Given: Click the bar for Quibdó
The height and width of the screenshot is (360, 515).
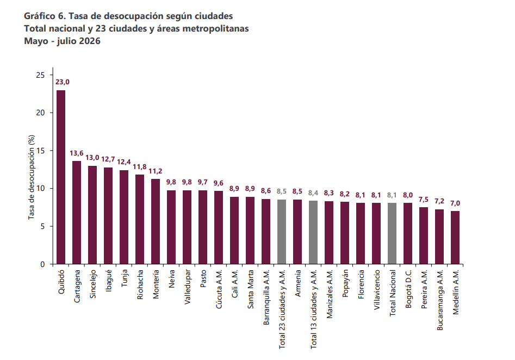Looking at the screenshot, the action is [61, 177].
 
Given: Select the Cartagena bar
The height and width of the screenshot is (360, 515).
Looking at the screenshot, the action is [77, 213].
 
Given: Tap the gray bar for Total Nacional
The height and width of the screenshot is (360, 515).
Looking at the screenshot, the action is [392, 233].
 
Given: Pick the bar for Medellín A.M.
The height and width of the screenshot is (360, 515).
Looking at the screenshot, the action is [455, 238].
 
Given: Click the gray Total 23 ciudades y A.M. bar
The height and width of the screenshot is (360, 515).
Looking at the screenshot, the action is [282, 232].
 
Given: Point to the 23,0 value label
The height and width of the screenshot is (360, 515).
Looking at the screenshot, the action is [63, 82].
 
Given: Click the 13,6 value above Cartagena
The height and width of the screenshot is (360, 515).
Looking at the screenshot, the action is [77, 153].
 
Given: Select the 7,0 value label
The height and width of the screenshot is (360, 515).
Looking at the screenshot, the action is [455, 203].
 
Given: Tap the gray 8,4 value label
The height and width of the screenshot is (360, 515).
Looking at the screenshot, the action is [313, 193].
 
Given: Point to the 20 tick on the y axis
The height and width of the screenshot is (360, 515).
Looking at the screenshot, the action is [40, 113].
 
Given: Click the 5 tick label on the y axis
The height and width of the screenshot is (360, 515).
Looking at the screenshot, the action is [42, 227].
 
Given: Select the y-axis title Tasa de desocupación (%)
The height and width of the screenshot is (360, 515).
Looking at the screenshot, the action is [31, 177].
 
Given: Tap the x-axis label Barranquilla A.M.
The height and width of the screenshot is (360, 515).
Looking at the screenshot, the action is [266, 297].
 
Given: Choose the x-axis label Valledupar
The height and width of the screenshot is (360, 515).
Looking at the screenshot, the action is [188, 287].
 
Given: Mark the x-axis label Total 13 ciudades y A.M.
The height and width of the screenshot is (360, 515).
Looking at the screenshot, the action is [314, 309].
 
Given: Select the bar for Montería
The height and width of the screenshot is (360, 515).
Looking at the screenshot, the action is [156, 221].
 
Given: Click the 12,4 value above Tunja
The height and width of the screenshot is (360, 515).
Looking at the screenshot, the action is [124, 162].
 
